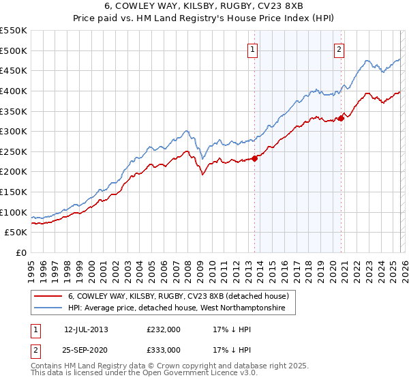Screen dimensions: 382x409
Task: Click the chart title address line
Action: coord(204,6)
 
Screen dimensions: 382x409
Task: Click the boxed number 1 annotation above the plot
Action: coord(253,48)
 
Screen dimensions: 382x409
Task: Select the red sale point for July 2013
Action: coord(254,158)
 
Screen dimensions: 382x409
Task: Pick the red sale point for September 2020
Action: coord(342,118)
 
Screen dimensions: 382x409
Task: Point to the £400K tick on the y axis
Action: coord(14,91)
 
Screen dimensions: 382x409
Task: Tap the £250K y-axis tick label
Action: coord(14,151)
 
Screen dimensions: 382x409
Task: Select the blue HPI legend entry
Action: coord(181,308)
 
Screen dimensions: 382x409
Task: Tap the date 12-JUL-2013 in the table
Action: coord(86,329)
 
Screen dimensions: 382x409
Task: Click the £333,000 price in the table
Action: coord(163,349)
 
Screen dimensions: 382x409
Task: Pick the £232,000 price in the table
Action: coord(163,329)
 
